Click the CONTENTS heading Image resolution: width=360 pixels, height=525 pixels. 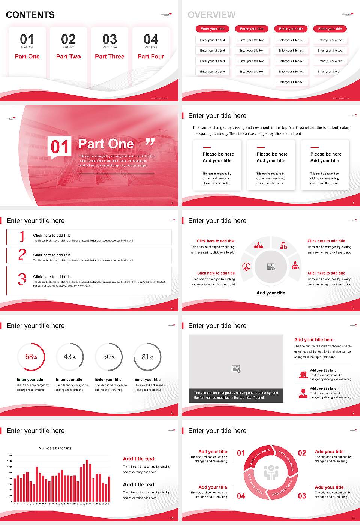pyautogui.click(x=30, y=15)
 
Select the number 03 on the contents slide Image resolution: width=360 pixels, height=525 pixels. pyautogui.click(x=109, y=39)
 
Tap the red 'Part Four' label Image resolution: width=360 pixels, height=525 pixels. pyautogui.click(x=151, y=57)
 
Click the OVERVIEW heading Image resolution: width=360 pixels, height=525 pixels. pyautogui.click(x=211, y=15)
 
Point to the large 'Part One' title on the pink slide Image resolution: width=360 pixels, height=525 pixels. pyautogui.click(x=106, y=144)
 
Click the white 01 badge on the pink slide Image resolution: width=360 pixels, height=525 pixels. pyautogui.click(x=59, y=147)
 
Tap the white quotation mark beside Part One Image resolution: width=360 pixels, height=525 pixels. pyautogui.click(x=150, y=142)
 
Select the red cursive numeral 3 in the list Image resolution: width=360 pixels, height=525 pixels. pyautogui.click(x=22, y=279)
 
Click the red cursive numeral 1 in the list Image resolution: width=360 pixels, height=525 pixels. pyautogui.click(x=22, y=237)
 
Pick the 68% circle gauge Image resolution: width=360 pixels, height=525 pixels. pyautogui.click(x=31, y=357)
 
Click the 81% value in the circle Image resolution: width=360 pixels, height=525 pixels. pyautogui.click(x=148, y=357)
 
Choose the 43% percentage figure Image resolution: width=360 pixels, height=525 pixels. pyautogui.click(x=70, y=357)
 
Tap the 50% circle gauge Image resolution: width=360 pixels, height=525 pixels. pyautogui.click(x=109, y=357)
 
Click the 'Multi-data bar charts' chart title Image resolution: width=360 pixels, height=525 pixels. pyautogui.click(x=55, y=448)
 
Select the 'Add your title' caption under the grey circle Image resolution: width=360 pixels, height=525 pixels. pyautogui.click(x=271, y=293)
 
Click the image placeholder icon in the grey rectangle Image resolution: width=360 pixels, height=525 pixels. pyautogui.click(x=236, y=369)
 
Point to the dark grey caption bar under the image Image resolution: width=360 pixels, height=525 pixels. pyautogui.click(x=236, y=395)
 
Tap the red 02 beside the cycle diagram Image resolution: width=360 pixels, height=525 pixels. pyautogui.click(x=302, y=453)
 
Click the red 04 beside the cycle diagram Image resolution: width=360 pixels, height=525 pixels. pyautogui.click(x=241, y=496)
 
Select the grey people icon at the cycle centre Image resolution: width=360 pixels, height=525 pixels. pyautogui.click(x=271, y=472)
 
